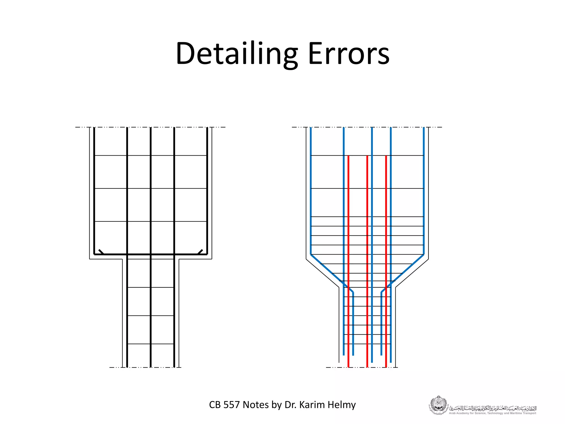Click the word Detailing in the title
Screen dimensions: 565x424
click(237, 54)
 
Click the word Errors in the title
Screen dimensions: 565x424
click(348, 54)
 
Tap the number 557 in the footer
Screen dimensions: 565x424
click(232, 405)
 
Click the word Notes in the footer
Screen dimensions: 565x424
click(256, 405)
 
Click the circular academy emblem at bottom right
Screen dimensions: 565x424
click(438, 405)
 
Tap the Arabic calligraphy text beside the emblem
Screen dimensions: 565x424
click(493, 408)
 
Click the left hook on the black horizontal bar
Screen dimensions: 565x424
click(101, 252)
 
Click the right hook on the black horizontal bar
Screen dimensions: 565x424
click(200, 252)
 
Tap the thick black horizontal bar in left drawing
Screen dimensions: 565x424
click(151, 254)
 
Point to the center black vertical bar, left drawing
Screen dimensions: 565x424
click(151, 193)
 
